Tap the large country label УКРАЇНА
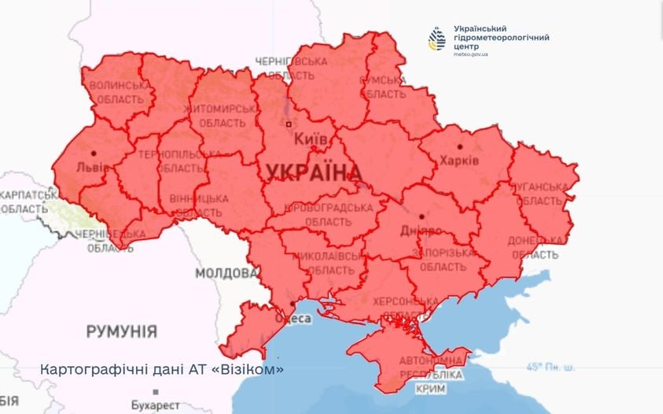313,172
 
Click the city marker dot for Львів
94,153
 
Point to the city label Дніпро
421,231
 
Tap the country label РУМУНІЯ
121,331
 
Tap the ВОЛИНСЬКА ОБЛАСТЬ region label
117,92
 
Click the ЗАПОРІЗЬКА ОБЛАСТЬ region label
447,260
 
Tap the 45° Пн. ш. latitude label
551,367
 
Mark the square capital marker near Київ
289,124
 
